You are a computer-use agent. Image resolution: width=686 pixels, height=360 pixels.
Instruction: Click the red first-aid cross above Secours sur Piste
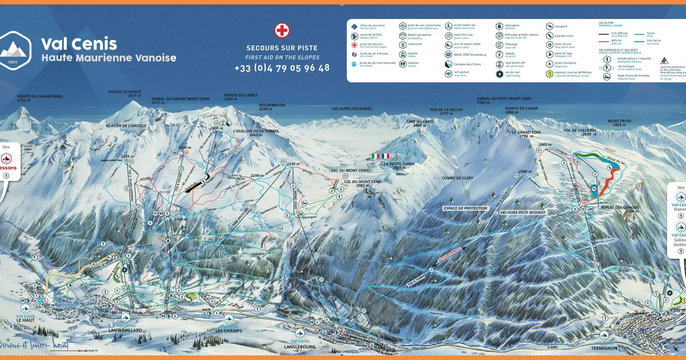[x=282, y=30]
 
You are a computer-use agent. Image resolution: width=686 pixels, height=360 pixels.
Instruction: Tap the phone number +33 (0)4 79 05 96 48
[x=282, y=68]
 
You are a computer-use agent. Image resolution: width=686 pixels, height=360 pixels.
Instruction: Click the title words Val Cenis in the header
[x=79, y=43]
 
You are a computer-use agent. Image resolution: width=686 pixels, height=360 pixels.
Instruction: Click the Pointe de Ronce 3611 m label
[x=125, y=94]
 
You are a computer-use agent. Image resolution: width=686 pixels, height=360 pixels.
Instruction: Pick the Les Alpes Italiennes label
[x=352, y=109]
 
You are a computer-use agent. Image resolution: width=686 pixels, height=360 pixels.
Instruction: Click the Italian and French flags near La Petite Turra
[x=380, y=156]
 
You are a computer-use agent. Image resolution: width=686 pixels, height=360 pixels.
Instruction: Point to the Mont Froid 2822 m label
[x=619, y=123]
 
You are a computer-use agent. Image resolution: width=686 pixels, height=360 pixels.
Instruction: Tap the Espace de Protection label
[x=466, y=209]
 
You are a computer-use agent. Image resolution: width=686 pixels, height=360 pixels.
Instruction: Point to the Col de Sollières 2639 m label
[x=580, y=131]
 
